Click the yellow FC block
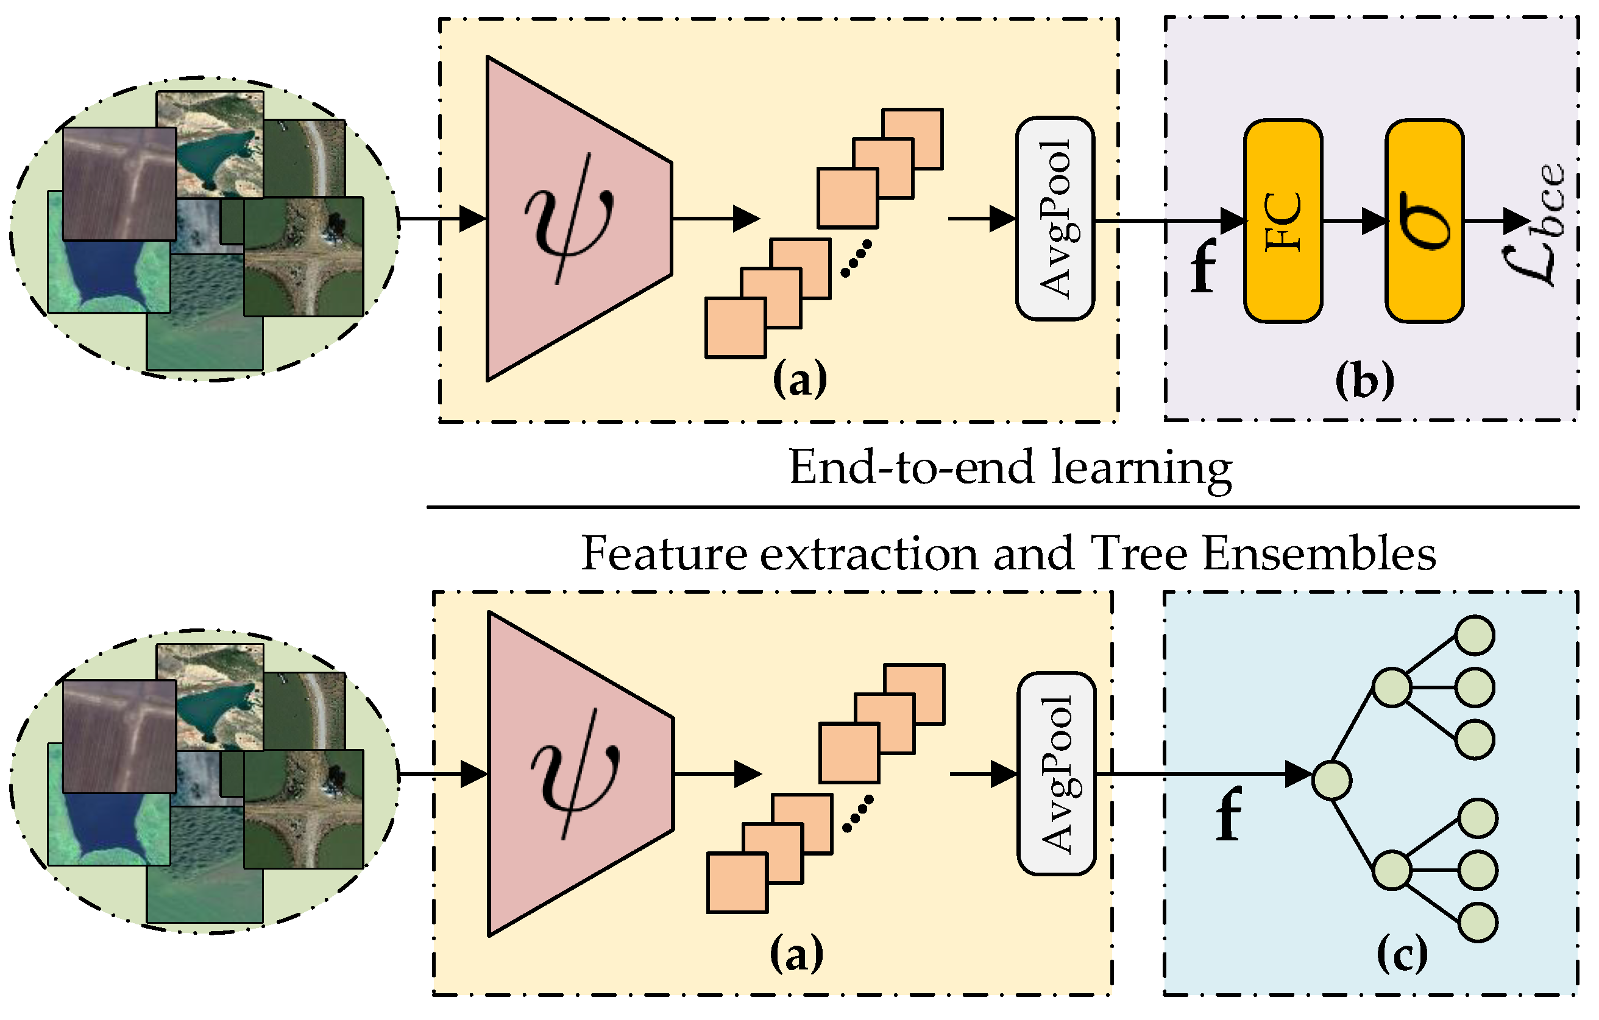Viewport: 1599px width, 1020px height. (x=1282, y=221)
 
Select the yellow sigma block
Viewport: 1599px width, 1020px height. (x=1423, y=221)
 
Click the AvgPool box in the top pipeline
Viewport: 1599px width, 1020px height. (x=1054, y=219)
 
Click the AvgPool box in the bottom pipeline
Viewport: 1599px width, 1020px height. (x=1056, y=774)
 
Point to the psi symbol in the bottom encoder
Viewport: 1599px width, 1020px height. (x=575, y=774)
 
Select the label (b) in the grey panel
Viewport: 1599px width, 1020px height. (x=1364, y=382)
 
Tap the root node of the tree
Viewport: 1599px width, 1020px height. (x=1331, y=781)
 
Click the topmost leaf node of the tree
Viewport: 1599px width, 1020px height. (x=1475, y=635)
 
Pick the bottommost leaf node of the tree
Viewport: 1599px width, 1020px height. (x=1478, y=923)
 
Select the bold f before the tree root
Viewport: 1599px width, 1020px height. (x=1228, y=814)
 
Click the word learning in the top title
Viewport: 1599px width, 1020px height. (x=1142, y=468)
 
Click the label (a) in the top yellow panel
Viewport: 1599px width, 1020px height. (x=799, y=379)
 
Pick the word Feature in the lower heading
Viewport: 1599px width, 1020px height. (x=664, y=554)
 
